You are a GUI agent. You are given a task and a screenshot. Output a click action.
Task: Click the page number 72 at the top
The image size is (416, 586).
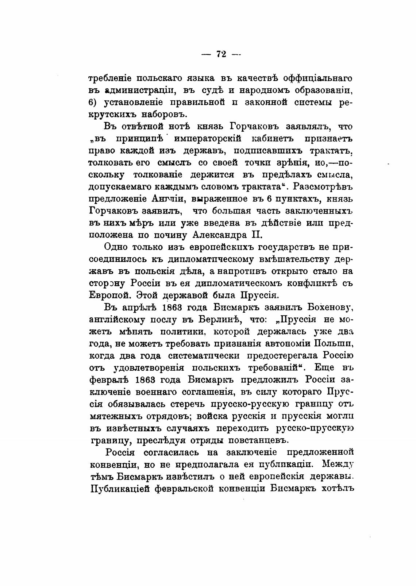point(221,54)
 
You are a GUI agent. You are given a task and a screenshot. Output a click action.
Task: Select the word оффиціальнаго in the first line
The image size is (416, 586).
point(316,78)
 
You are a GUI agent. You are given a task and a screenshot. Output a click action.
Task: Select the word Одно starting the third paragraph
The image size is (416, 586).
point(116,247)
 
